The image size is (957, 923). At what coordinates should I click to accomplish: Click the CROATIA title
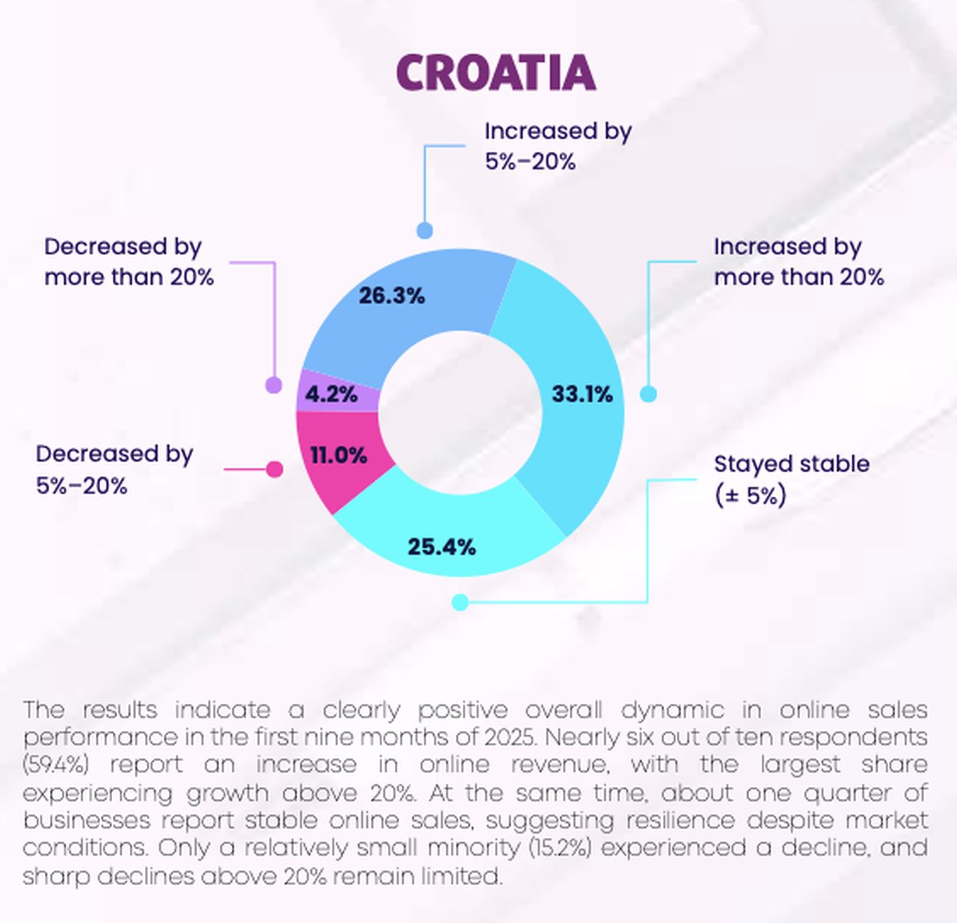pos(496,72)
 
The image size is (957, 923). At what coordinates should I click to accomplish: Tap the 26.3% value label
pos(392,295)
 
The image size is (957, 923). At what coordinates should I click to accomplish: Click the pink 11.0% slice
pos(339,455)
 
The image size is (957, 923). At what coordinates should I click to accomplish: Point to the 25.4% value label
pos(442,546)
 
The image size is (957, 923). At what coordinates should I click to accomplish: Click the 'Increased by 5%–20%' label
pos(558,146)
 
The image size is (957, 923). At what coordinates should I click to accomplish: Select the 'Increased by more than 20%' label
pos(798,262)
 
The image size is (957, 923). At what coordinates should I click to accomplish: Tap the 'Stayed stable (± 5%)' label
pos(791,479)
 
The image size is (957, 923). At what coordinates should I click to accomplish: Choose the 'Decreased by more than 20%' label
pos(129,262)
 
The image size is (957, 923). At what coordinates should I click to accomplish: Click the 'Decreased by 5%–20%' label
pos(114,469)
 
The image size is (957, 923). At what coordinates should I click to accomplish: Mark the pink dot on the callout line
pos(275,469)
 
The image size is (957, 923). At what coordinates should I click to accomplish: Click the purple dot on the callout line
pos(274,385)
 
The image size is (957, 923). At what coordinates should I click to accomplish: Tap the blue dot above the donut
pos(425,229)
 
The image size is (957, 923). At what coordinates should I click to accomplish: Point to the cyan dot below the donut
pos(461,602)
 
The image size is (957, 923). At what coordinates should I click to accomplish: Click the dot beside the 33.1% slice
pos(648,394)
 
